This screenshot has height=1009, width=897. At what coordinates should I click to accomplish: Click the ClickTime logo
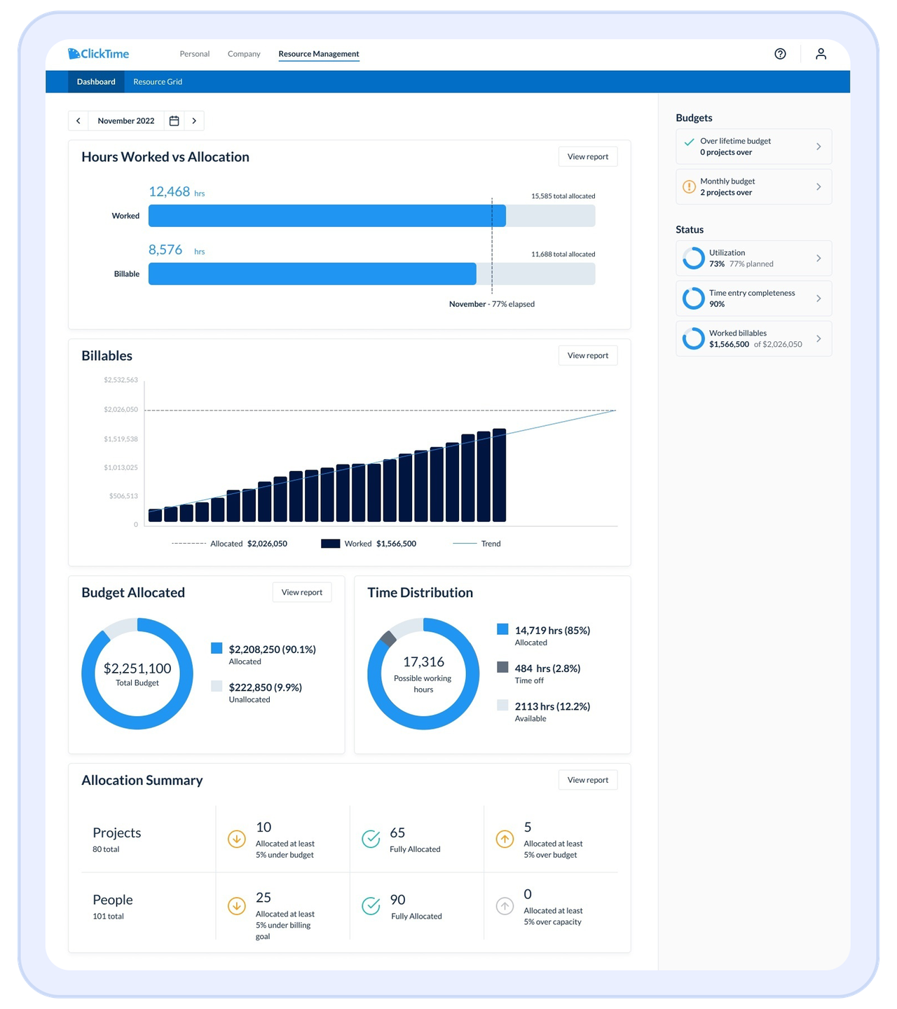(99, 54)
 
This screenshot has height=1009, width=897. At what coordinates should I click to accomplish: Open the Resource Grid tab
(158, 82)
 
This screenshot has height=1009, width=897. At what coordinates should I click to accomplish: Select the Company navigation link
(244, 54)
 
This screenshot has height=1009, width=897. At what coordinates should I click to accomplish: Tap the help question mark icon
(780, 54)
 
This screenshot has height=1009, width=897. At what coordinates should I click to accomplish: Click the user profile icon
(821, 54)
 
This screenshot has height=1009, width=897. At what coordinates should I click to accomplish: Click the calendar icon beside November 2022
(174, 121)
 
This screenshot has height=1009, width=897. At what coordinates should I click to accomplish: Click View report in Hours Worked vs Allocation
(587, 157)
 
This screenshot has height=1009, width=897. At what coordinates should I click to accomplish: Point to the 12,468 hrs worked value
(170, 192)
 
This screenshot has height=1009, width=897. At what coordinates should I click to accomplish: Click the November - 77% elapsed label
(491, 304)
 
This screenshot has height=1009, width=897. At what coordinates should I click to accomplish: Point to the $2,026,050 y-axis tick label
(121, 409)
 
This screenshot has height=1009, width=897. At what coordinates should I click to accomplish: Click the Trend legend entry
(491, 544)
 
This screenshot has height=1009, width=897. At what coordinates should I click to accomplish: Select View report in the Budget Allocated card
(301, 593)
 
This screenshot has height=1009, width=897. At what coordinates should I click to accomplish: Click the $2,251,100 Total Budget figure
(137, 669)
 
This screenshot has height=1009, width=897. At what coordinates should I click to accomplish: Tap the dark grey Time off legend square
(502, 667)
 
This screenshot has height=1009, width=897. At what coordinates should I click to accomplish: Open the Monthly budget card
(753, 187)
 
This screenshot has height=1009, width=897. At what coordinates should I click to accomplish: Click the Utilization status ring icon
(693, 259)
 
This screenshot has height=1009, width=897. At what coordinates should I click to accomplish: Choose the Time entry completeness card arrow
(818, 298)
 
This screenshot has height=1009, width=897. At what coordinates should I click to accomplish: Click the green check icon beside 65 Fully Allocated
(371, 839)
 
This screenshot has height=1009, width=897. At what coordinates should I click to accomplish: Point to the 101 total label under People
(109, 917)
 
